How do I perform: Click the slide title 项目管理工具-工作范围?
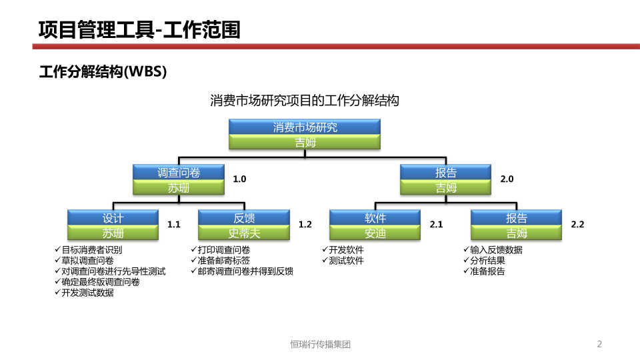[139, 30]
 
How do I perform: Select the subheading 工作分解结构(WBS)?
[103, 71]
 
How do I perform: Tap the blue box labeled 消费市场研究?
[305, 127]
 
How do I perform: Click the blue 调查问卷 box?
[179, 172]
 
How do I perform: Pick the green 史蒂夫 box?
[244, 233]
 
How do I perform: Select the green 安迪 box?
[375, 233]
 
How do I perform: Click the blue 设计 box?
[113, 217]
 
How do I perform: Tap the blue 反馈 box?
[244, 217]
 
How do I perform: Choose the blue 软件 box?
[375, 217]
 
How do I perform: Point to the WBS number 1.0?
[239, 179]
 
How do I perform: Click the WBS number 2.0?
[507, 179]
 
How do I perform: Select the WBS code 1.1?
[174, 225]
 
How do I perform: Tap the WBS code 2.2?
[577, 225]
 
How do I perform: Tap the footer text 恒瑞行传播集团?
[321, 345]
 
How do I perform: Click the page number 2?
[599, 344]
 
